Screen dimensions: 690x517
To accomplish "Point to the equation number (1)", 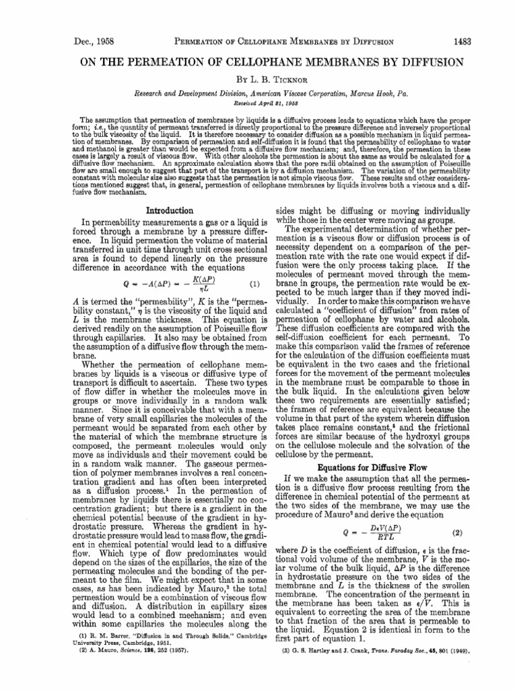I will pos(256,282).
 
